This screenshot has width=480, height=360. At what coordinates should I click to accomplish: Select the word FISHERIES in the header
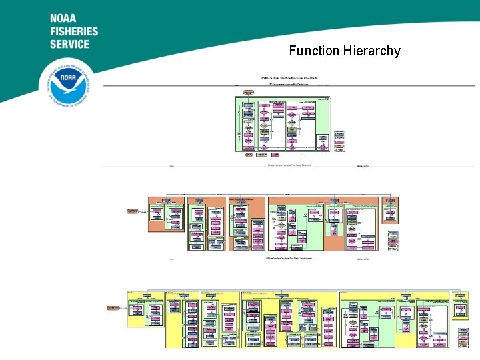[x=73, y=31]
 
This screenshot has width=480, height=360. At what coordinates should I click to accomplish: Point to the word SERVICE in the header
[x=69, y=44]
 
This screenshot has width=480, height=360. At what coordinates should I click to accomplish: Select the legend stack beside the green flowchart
[x=340, y=141]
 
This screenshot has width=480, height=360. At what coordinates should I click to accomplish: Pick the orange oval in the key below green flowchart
[x=249, y=155]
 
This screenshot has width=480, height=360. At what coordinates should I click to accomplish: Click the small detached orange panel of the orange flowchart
[x=390, y=209]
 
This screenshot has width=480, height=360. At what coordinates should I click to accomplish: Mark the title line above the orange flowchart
[x=287, y=165]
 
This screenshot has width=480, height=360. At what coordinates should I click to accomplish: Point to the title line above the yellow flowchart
[x=287, y=259]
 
